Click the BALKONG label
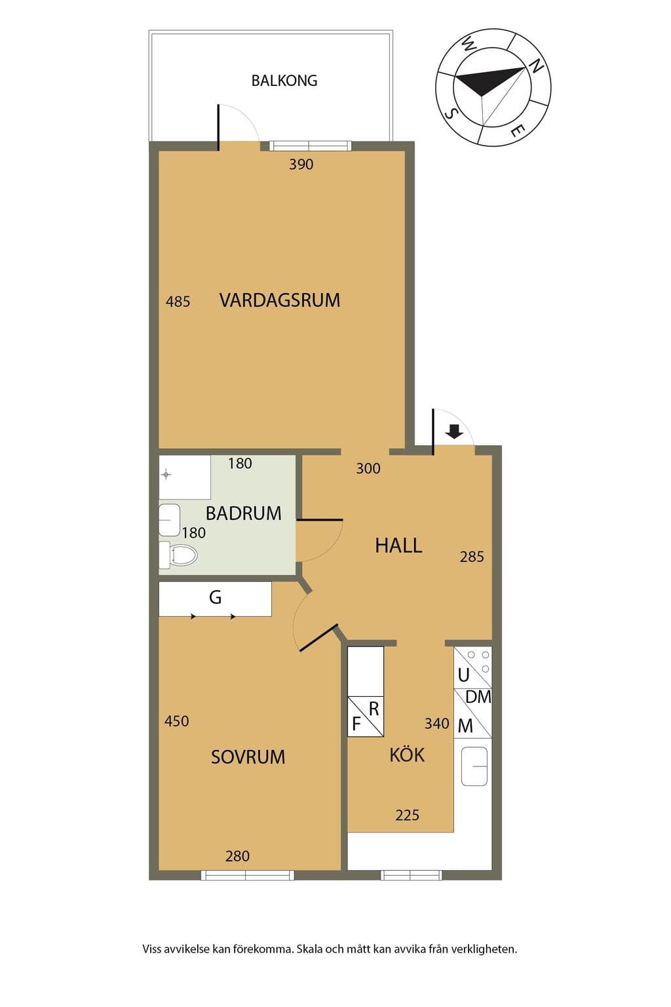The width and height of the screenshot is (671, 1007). (284, 81)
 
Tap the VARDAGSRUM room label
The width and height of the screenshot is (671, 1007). (280, 300)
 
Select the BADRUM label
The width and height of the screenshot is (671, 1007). (244, 513)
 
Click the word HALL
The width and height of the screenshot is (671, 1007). (398, 545)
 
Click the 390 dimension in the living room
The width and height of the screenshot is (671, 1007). (301, 165)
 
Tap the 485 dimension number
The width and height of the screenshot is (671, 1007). (178, 301)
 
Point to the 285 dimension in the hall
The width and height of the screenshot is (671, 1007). (472, 557)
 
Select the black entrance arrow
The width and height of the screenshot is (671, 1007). (455, 431)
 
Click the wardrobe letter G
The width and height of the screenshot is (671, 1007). (216, 597)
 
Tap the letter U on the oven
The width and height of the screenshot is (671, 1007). (463, 675)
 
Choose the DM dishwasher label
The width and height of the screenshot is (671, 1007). (478, 697)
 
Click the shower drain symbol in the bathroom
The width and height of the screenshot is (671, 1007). (166, 474)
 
